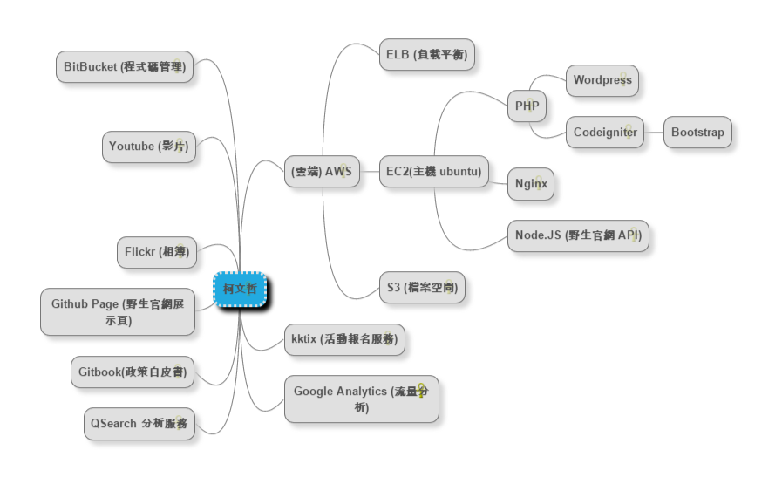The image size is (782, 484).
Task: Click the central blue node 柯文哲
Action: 239,289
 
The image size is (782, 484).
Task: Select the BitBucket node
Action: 124,66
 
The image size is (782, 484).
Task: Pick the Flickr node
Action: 156,252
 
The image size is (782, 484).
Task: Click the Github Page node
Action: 118,311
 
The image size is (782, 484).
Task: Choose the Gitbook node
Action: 132,372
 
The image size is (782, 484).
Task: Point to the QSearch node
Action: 139,424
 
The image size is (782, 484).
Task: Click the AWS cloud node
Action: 321,172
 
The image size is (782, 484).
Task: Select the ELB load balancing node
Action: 427,55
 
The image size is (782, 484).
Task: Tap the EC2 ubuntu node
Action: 433,172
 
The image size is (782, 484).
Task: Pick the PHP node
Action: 527,106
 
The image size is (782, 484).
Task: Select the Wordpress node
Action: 602,80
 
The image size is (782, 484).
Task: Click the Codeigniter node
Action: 605,133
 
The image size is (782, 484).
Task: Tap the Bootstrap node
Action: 697,133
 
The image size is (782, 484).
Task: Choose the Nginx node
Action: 531,184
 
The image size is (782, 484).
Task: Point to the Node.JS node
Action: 578,235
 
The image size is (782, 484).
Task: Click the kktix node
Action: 345,338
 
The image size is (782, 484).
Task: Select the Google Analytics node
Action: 361,399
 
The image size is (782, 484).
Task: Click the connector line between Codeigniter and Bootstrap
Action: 654,133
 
